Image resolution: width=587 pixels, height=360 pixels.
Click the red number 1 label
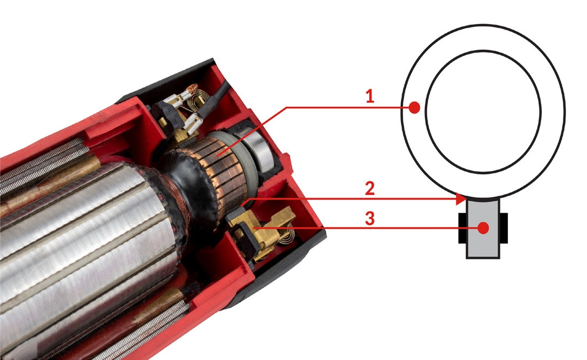(369, 96)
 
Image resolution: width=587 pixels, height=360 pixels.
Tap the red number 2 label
(369, 188)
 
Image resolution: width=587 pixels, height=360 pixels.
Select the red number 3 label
(369, 219)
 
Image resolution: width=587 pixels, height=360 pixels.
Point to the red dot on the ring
(414, 108)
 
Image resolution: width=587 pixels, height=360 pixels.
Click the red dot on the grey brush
(483, 228)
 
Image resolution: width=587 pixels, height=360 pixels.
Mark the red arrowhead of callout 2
(461, 199)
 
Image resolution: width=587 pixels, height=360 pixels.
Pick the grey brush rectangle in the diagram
(483, 228)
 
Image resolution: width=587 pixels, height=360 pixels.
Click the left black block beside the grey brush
(462, 228)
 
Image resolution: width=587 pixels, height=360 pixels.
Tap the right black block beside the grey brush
(504, 228)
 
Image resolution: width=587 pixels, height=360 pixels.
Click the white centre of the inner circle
(483, 111)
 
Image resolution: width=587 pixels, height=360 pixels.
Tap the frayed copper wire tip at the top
(193, 88)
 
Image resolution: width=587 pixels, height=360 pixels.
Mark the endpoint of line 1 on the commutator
(218, 155)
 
